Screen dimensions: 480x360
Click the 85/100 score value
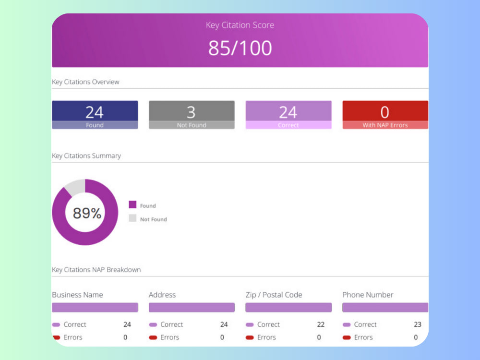pos(240,48)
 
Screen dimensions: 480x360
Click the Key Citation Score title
pos(240,25)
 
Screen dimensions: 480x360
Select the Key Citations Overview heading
pos(85,82)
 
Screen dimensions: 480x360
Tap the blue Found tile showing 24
pos(95,115)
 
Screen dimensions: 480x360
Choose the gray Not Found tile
pos(192,115)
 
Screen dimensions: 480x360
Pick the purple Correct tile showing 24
pos(288,115)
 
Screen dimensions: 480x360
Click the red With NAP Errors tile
pos(385,115)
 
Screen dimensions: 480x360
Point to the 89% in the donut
pos(87,213)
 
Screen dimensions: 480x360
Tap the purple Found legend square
pos(132,204)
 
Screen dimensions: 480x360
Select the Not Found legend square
pos(132,218)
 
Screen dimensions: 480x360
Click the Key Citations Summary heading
pos(86,156)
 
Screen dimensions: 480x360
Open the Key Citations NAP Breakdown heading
pos(96,270)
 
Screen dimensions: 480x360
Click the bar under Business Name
pos(95,307)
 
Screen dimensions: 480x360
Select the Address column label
pos(162,295)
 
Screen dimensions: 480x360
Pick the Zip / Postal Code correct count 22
pos(321,324)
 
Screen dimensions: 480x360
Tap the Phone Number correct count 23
pos(418,324)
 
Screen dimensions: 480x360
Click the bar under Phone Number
pos(385,307)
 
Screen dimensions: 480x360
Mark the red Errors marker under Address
pos(153,337)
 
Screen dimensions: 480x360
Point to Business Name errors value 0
pos(125,337)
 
